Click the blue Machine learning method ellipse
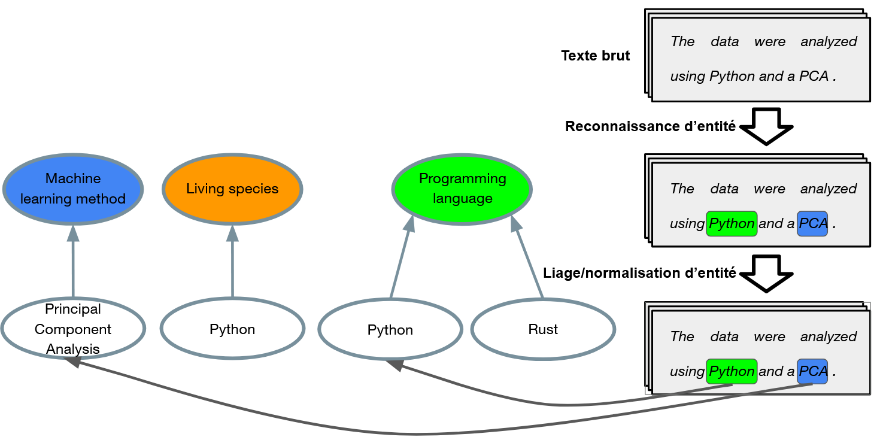73,189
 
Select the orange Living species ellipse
232,189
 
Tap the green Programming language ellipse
462,189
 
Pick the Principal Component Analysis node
73,329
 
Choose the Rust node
543,329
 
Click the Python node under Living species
232,329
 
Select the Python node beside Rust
390,329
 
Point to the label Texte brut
595,56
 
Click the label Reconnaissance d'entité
650,126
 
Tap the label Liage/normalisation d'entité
639,273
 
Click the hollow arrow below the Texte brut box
766,126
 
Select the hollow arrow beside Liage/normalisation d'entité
766,274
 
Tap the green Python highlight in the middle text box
732,223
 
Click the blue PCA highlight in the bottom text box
812,371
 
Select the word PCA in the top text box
814,76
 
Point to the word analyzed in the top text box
829,41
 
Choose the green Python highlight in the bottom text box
732,371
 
